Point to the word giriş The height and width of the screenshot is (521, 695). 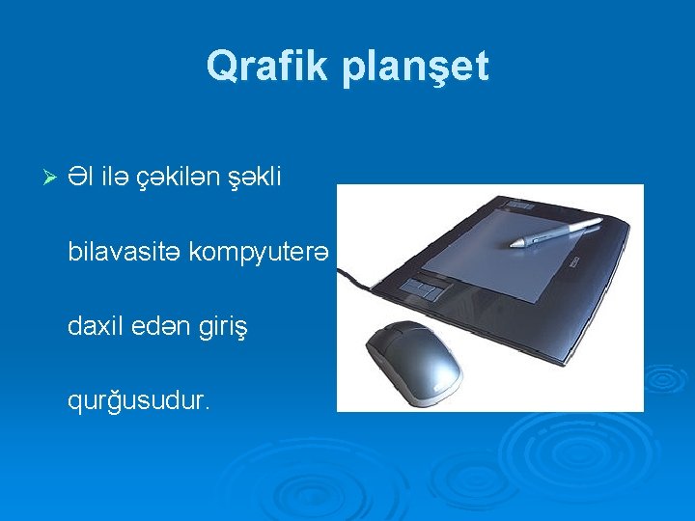point(225,327)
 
